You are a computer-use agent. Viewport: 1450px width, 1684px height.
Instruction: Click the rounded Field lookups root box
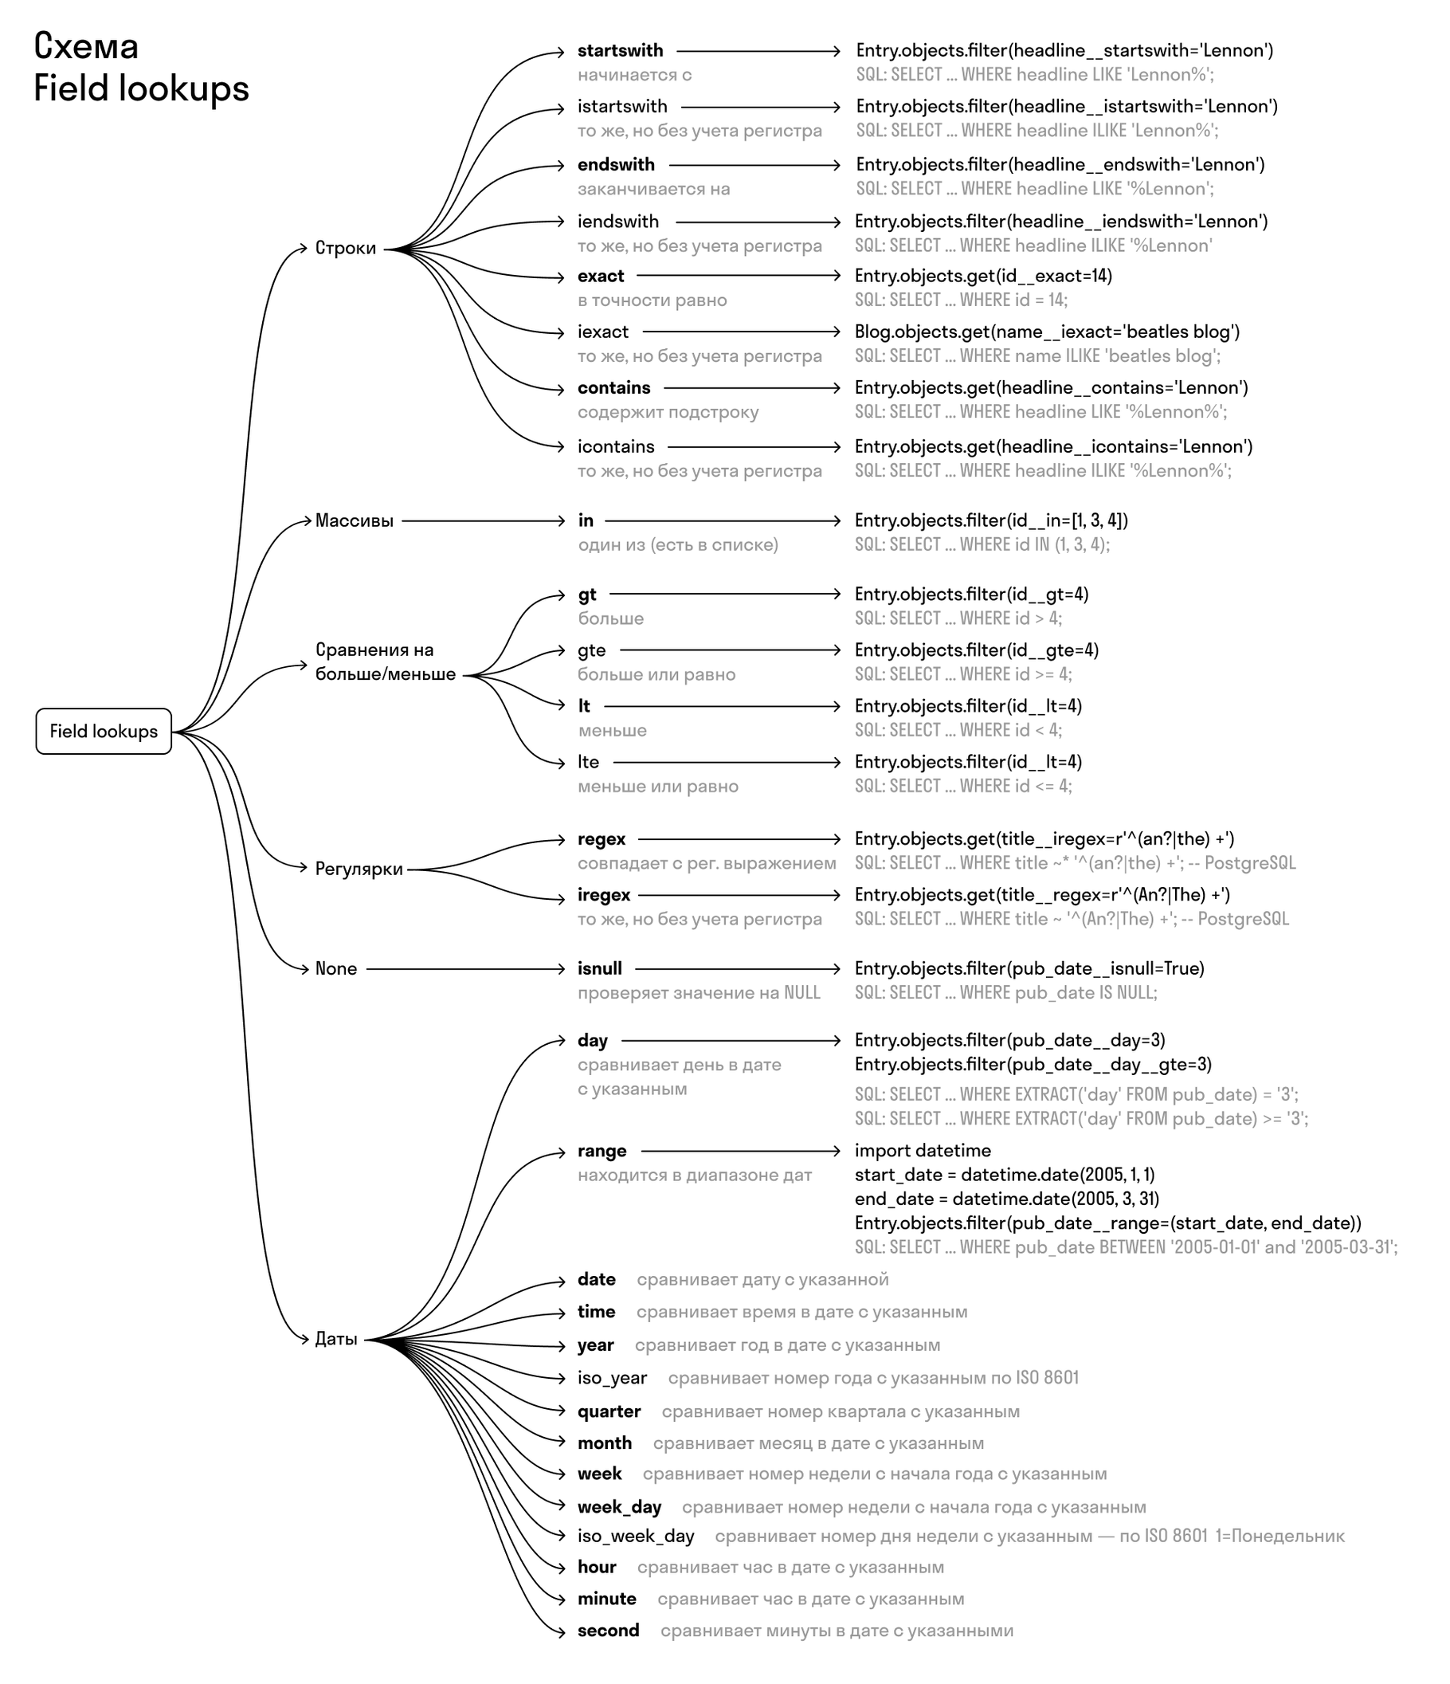[x=103, y=731]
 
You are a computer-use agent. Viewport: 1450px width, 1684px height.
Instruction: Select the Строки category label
[x=345, y=248]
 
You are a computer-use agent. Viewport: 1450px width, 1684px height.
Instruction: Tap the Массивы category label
[x=355, y=521]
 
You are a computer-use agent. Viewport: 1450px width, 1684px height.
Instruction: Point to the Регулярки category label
[x=359, y=869]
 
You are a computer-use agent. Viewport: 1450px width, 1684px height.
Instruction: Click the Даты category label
[x=336, y=1339]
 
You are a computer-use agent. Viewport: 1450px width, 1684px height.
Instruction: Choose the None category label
[x=335, y=969]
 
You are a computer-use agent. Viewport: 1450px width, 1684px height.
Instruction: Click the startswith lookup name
[x=620, y=50]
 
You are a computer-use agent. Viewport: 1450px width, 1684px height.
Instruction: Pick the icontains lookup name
[x=616, y=447]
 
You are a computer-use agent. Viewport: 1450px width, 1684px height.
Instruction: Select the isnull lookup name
[x=599, y=969]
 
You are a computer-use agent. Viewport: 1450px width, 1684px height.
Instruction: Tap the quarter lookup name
[x=609, y=1411]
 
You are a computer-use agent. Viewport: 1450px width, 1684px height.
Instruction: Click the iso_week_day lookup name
[x=635, y=1536]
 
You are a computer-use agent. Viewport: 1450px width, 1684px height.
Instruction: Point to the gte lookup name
[x=591, y=650]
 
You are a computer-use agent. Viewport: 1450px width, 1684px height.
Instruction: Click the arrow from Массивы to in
[x=483, y=521]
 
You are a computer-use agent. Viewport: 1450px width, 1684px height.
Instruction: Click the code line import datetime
[x=922, y=1151]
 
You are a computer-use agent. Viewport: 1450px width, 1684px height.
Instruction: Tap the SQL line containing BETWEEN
[x=1125, y=1247]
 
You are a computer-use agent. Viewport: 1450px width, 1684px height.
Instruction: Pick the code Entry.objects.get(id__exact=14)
[x=983, y=277]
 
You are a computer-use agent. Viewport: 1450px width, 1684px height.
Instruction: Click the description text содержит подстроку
[x=668, y=412]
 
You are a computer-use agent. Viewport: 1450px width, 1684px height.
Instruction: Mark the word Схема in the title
[x=86, y=47]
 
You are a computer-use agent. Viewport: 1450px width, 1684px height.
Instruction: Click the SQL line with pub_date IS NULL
[x=1005, y=992]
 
